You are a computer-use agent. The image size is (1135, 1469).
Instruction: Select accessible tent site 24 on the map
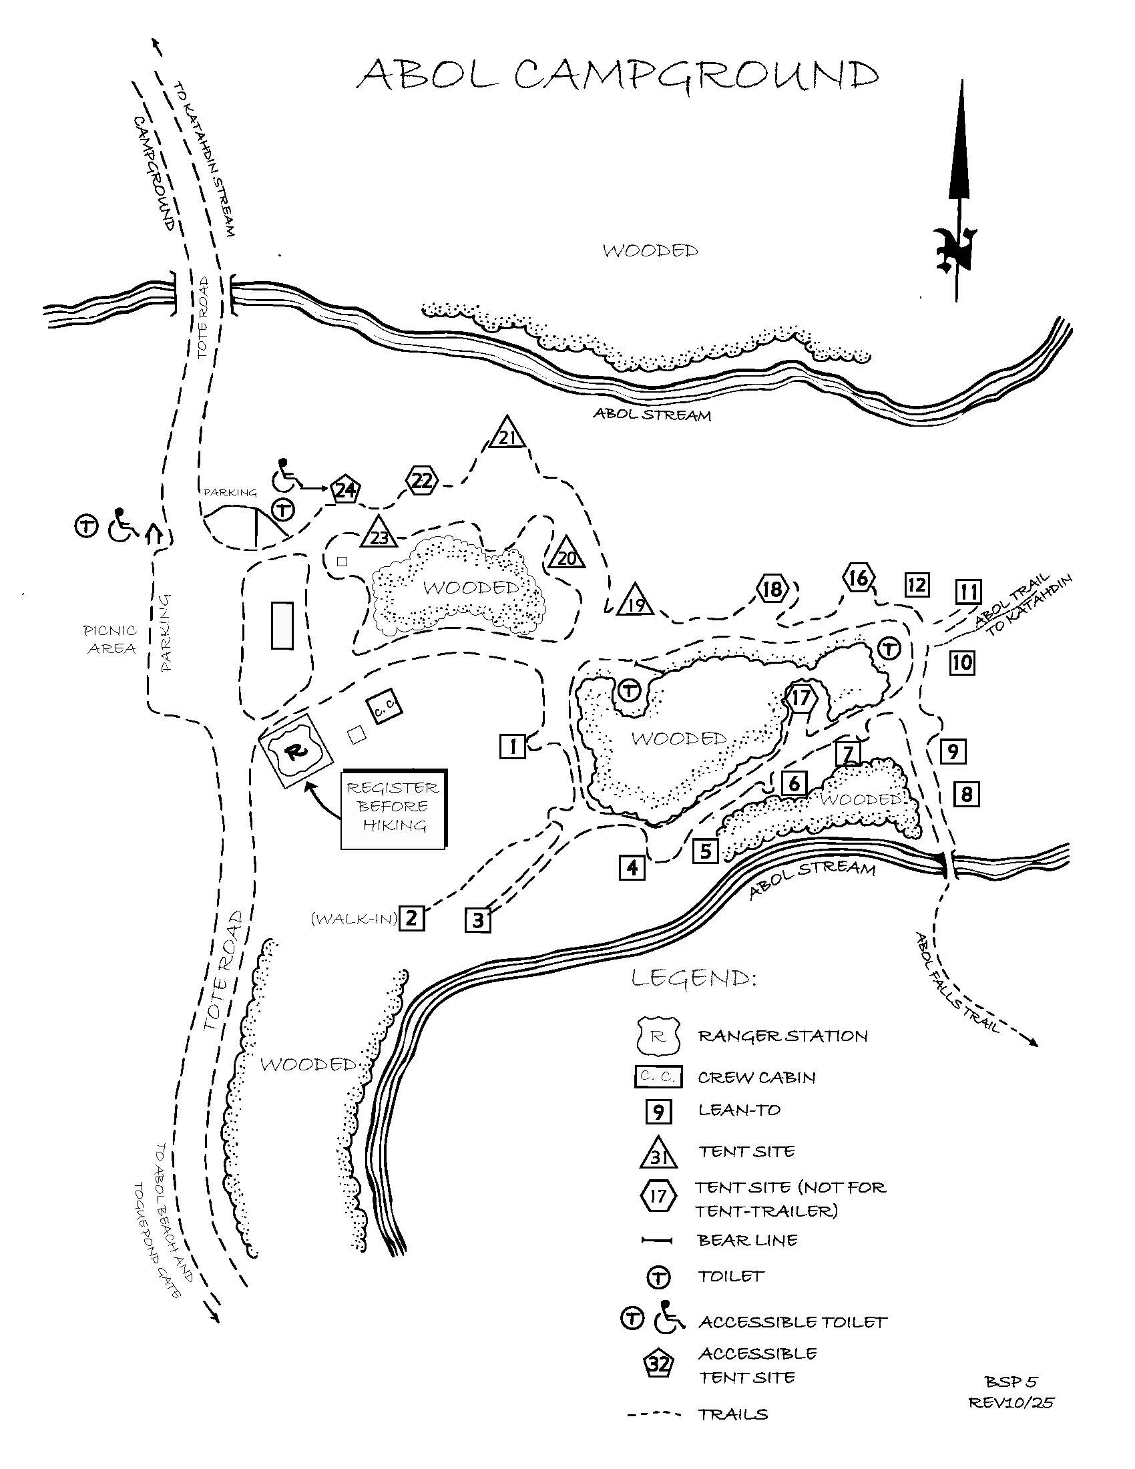(345, 490)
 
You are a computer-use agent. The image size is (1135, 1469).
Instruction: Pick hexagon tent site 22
(422, 480)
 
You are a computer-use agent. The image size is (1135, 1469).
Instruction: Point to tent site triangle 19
(636, 600)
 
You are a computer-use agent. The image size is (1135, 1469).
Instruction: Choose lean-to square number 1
(512, 746)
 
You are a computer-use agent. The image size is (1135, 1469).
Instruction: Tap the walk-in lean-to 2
(411, 917)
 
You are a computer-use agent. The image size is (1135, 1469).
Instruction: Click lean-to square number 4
(632, 867)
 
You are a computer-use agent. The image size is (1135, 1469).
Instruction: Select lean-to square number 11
(968, 592)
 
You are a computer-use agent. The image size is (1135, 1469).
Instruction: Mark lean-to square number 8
(966, 795)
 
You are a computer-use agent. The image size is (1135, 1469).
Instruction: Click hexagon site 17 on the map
(800, 698)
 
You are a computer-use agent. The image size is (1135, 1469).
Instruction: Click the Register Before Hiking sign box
(393, 808)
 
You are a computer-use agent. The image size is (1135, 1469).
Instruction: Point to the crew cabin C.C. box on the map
(385, 708)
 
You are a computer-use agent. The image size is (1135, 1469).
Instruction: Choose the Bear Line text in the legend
(748, 1240)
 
